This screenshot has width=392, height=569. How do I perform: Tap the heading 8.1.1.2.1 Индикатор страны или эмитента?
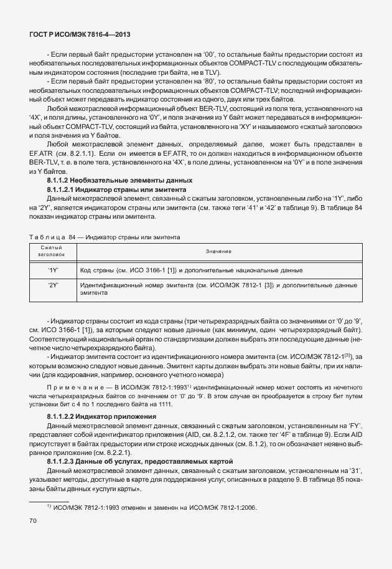click(116, 189)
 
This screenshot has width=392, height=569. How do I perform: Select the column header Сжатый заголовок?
click(52, 251)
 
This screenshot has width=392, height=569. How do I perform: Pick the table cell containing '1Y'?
click(52, 270)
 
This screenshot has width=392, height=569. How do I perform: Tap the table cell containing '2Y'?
click(52, 285)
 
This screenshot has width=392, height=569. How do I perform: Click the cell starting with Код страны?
click(192, 270)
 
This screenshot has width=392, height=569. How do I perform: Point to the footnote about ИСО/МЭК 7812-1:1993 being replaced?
click(156, 508)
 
